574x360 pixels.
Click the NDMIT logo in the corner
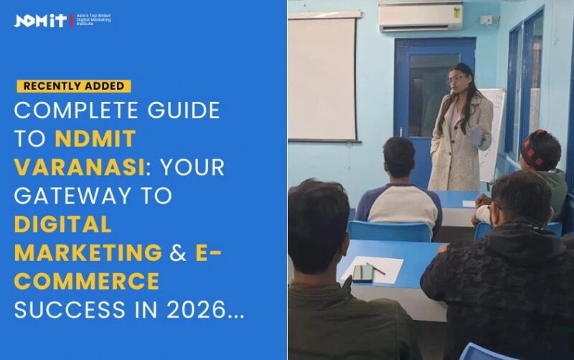[x=40, y=20]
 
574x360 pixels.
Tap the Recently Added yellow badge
[x=73, y=86]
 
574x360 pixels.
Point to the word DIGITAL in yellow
[x=63, y=224]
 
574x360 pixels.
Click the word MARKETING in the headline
[x=88, y=253]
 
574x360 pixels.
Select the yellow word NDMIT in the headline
[x=93, y=138]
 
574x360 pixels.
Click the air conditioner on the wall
[x=420, y=16]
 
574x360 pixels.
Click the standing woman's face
[x=458, y=80]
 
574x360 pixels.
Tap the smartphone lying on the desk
[x=362, y=273]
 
